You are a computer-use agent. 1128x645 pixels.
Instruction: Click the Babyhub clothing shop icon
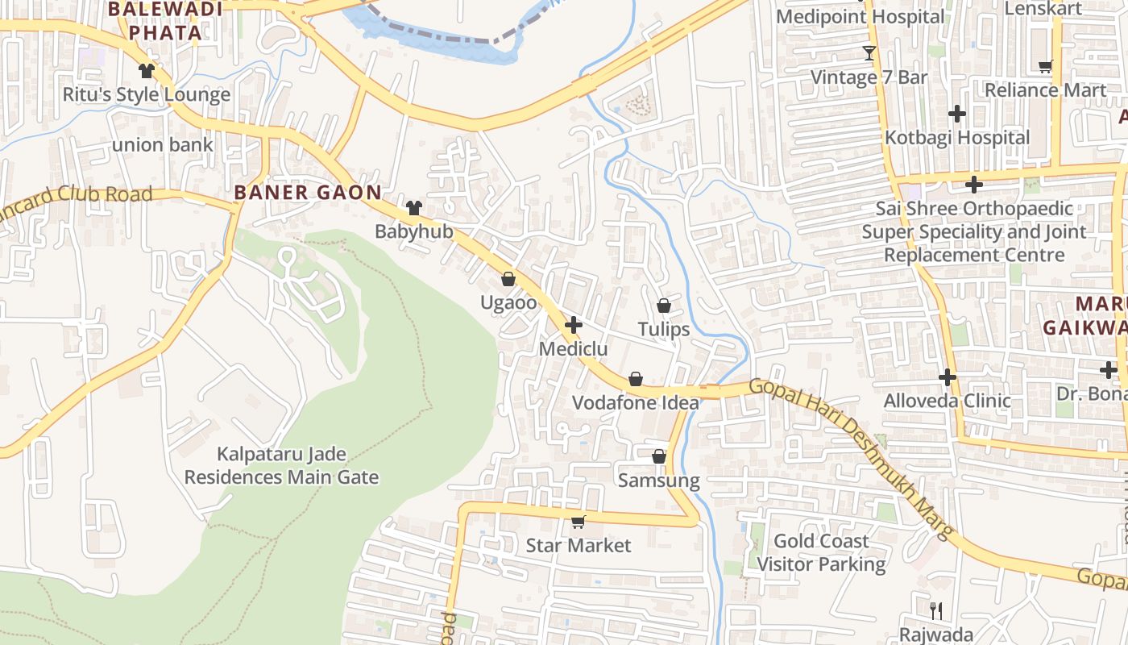(414, 208)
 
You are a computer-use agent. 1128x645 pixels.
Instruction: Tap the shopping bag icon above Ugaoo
(508, 280)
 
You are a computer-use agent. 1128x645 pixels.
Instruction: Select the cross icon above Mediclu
(574, 326)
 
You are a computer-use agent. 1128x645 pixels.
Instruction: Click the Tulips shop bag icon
(664, 306)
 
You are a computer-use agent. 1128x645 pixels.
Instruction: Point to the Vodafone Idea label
(636, 402)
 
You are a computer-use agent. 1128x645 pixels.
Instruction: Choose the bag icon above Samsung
(659, 456)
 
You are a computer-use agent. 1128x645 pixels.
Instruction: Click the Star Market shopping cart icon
(578, 522)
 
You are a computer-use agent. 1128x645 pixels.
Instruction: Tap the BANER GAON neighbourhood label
(307, 192)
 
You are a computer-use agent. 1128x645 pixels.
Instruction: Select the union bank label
(163, 145)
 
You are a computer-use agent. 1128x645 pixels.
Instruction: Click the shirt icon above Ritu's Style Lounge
(146, 71)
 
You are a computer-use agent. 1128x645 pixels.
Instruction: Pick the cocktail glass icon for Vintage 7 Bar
(869, 53)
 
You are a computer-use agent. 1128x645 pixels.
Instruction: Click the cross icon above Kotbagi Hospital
(957, 114)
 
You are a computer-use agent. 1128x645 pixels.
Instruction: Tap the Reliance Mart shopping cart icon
(1045, 67)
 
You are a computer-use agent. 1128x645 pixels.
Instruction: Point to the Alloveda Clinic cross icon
(948, 377)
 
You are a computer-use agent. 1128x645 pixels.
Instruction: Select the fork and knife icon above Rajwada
(935, 610)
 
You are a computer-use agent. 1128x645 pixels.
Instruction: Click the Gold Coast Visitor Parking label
(821, 552)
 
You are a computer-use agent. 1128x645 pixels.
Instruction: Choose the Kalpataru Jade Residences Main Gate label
(281, 465)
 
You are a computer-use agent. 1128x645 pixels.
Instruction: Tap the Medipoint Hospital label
(861, 16)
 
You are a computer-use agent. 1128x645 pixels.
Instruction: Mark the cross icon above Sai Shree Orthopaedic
(974, 185)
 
